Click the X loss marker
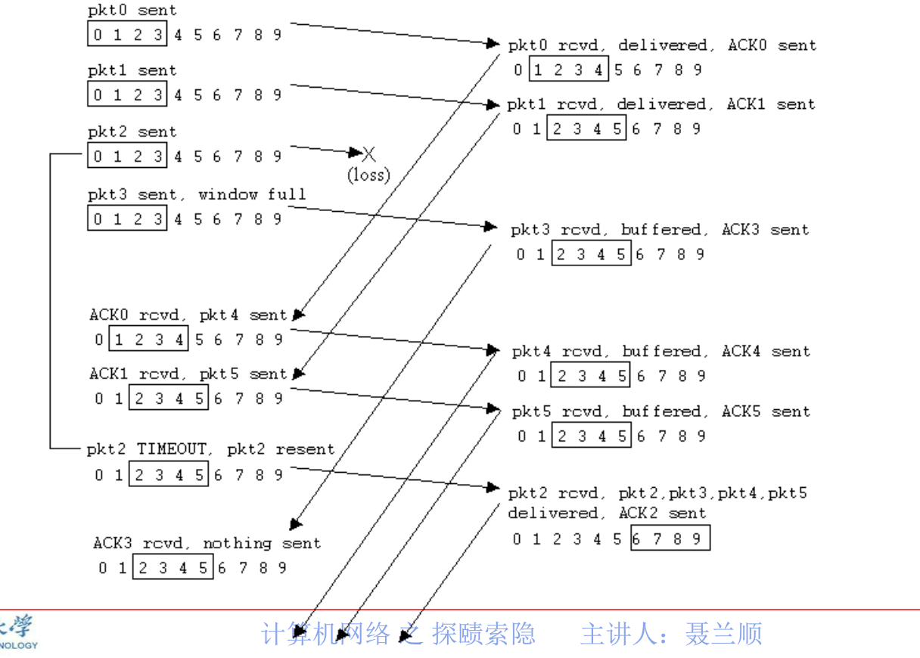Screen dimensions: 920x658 369,154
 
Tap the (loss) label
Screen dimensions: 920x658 368,175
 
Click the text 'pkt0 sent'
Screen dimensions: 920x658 132,11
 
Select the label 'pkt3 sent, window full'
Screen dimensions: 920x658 197,194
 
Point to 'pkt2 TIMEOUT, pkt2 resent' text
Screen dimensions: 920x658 210,449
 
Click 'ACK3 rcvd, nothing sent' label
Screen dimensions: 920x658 207,543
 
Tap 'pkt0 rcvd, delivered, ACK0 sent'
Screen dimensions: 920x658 662,45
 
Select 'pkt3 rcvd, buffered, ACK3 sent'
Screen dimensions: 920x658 659,230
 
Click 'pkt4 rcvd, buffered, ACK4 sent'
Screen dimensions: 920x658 660,352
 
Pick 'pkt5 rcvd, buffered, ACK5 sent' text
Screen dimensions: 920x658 660,412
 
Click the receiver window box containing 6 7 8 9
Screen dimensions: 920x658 670,539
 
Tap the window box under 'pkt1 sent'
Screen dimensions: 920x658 126,95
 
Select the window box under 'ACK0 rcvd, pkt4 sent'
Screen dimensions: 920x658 149,340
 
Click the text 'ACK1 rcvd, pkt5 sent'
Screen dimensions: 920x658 188,374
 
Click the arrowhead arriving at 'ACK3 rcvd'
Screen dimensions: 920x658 296,524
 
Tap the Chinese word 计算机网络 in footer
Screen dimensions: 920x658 325,634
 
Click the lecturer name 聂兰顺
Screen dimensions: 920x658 723,634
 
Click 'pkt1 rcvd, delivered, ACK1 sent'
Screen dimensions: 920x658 660,104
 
